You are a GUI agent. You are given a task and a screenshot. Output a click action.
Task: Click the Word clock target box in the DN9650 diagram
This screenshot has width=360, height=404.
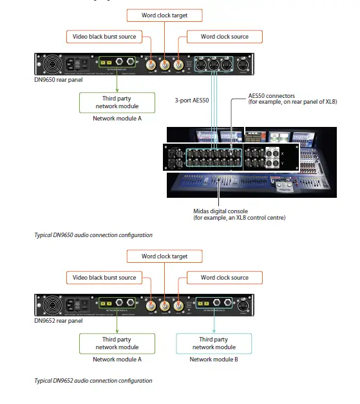[x=164, y=14]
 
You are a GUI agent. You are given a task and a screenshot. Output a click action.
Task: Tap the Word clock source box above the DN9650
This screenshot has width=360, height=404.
[x=224, y=37]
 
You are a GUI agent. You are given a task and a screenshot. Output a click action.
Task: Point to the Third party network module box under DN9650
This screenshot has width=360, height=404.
[x=117, y=102]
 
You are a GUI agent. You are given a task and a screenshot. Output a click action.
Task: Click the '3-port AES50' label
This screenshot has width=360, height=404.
[x=192, y=101]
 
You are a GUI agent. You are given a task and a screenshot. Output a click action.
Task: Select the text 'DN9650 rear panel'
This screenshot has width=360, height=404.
[x=58, y=80]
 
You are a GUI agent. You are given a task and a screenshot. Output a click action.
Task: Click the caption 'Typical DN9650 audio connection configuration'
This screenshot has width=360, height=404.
[x=93, y=235]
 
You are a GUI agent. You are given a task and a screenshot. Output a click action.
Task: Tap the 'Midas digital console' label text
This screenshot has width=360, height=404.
[x=221, y=211]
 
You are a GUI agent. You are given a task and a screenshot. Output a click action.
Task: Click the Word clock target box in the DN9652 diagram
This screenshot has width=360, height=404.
[x=164, y=256]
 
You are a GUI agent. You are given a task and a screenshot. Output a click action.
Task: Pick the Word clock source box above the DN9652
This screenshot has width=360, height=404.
[x=224, y=278]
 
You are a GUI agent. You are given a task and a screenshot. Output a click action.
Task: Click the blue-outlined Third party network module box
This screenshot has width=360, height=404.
[x=213, y=343]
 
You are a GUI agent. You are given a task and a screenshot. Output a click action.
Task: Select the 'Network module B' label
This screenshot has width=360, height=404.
[x=213, y=360]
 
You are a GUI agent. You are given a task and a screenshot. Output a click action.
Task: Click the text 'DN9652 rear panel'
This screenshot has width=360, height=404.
[x=58, y=320]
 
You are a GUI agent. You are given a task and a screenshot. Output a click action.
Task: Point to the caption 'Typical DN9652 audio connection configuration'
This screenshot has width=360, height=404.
[x=93, y=381]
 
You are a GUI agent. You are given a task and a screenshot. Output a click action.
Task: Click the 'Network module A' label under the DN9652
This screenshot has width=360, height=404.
[x=117, y=360]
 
